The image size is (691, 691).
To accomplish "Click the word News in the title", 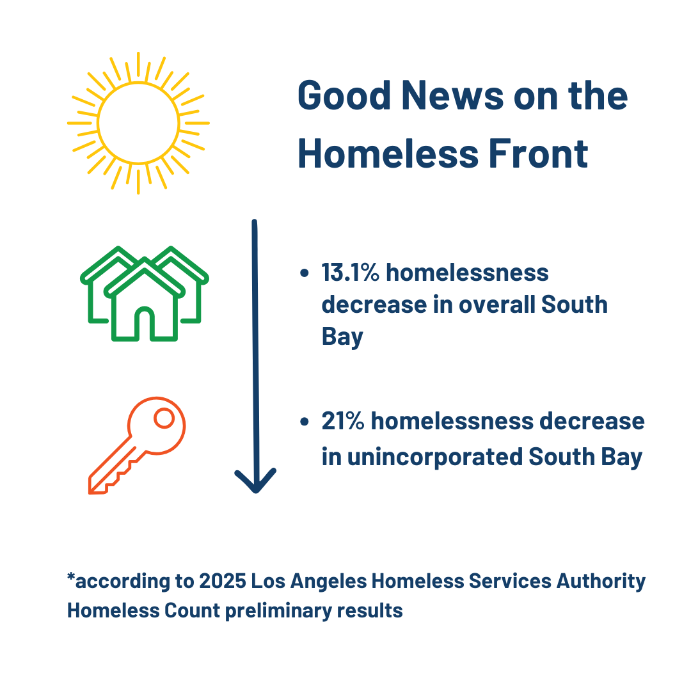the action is (x=452, y=95).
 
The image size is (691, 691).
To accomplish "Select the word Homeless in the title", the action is (x=388, y=154).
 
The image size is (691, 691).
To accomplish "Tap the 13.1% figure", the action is (x=351, y=273).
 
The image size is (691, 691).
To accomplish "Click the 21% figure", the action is (x=343, y=421).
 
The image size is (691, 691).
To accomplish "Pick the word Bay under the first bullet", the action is (x=342, y=337).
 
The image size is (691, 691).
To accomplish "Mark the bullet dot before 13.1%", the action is (x=304, y=273).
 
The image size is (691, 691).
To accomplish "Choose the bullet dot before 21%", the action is (x=304, y=422).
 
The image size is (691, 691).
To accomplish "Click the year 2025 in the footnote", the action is (x=223, y=581).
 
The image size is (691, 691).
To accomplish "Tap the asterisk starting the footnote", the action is (x=71, y=577).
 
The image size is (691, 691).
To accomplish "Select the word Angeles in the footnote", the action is (x=328, y=582).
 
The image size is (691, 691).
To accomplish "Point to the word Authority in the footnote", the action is (x=601, y=582).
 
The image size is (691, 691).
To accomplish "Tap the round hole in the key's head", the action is (x=164, y=418).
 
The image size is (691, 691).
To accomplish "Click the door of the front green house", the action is (x=145, y=324).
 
